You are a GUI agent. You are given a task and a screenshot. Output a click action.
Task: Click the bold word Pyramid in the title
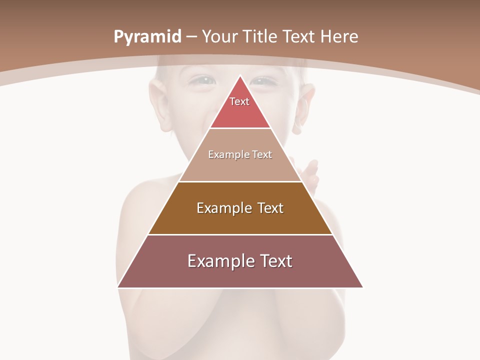[x=147, y=37]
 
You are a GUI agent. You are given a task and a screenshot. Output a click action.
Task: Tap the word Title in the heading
[x=262, y=37]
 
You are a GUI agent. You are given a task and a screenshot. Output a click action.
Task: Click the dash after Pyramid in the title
[x=191, y=37]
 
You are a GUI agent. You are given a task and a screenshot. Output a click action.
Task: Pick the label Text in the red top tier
[x=239, y=101]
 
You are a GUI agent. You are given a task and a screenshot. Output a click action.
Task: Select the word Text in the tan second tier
[x=262, y=154]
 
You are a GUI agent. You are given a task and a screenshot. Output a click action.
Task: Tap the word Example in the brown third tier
[x=223, y=208]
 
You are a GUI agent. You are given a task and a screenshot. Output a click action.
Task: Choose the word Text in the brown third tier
[x=270, y=208]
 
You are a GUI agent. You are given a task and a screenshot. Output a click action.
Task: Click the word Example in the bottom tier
[x=219, y=261]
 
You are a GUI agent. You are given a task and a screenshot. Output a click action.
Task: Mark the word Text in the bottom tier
[x=275, y=261]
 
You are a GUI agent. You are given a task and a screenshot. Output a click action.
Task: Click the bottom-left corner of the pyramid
[x=118, y=287]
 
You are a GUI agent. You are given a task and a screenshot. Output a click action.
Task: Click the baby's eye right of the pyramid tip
[x=263, y=80]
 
